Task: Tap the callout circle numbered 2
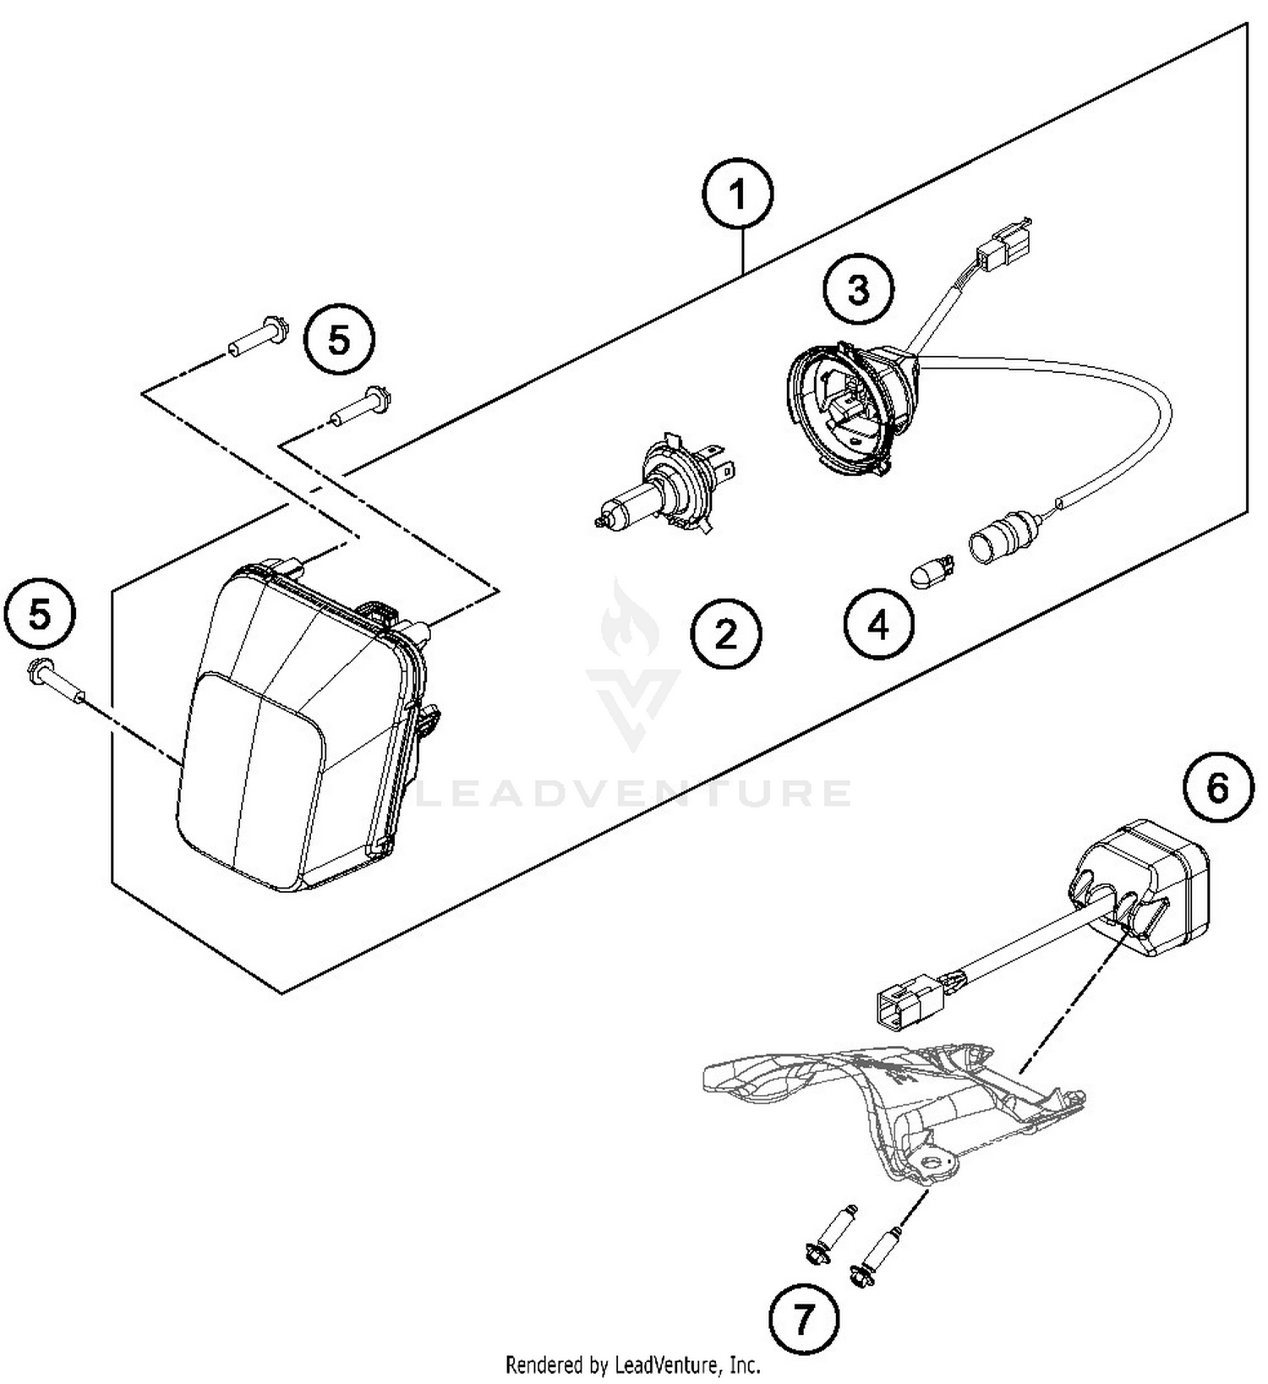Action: tap(725, 633)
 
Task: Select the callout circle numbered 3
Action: tap(857, 289)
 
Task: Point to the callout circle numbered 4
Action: tap(878, 626)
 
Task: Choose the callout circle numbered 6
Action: tap(1217, 788)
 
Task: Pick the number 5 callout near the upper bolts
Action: tap(339, 340)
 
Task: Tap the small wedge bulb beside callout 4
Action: tap(932, 574)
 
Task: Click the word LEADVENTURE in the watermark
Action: tap(634, 794)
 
